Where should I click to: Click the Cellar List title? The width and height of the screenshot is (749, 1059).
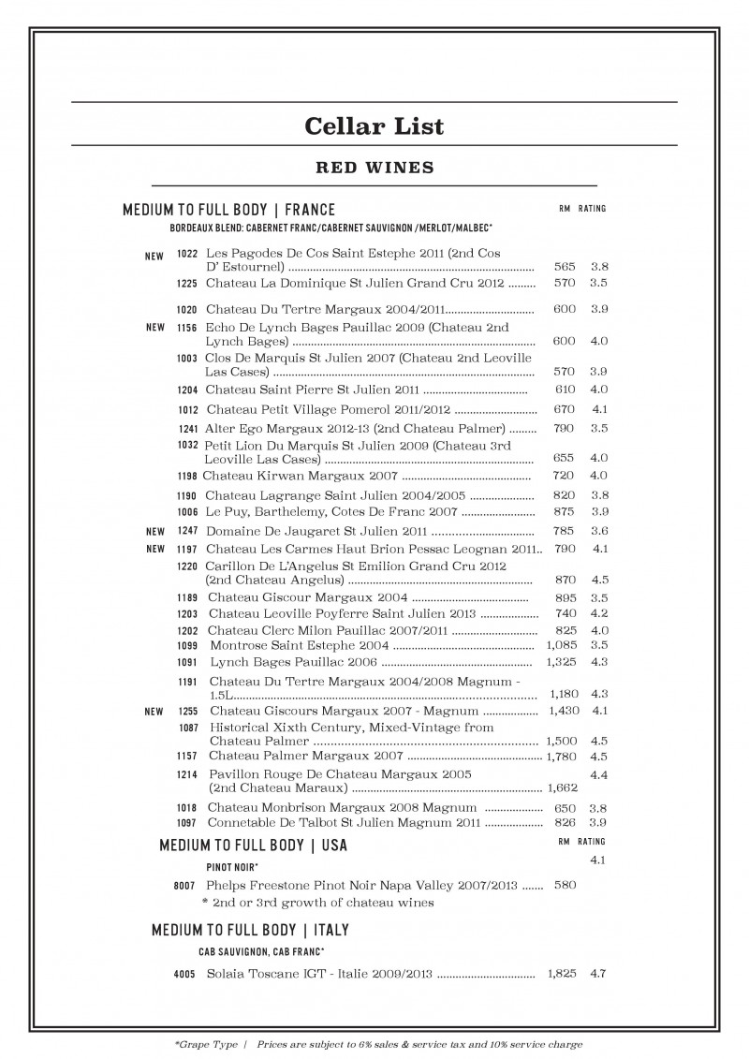point(374,125)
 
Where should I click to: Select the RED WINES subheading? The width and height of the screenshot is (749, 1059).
point(374,169)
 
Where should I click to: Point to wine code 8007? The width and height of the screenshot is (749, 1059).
point(184,884)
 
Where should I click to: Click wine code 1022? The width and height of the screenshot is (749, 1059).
point(186,254)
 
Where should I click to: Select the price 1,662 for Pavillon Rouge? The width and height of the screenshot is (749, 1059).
point(562,788)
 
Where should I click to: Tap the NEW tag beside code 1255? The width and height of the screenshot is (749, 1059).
point(154,712)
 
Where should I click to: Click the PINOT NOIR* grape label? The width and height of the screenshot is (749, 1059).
point(232,867)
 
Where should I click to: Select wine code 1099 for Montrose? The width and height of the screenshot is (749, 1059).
point(188,645)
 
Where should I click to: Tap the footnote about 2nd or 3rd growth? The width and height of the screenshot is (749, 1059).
point(317,903)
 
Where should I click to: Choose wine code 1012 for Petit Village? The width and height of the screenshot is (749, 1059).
point(188,409)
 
